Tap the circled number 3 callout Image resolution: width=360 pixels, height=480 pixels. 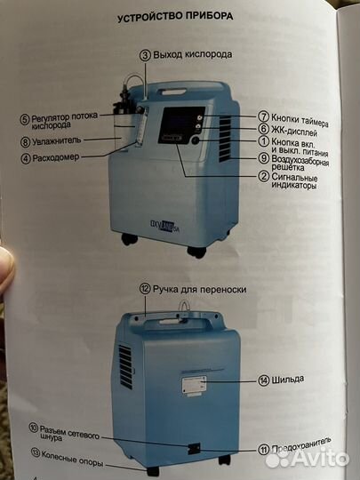point(145,54)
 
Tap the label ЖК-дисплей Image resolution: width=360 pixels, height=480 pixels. point(294,129)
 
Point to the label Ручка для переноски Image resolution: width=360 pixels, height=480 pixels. point(200,289)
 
